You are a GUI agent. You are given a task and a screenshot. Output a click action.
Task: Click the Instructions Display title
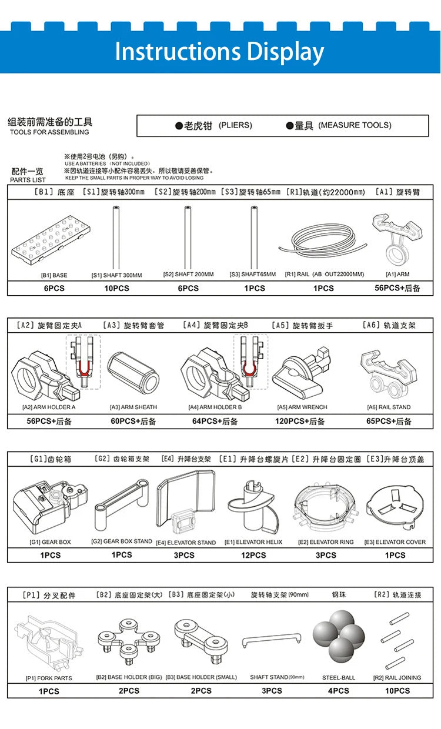219,52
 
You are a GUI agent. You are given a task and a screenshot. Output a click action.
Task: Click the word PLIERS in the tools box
235,125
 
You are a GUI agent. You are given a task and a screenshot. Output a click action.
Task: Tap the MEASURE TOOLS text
355,125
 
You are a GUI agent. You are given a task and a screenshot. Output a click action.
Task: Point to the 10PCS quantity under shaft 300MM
116,288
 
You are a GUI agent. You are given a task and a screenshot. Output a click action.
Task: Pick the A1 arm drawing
397,238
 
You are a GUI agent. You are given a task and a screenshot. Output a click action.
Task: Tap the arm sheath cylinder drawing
133,372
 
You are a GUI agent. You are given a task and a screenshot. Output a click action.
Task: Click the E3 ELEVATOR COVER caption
395,542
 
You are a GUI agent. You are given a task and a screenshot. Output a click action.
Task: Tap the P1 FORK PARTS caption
49,678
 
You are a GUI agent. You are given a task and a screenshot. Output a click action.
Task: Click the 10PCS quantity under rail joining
397,691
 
